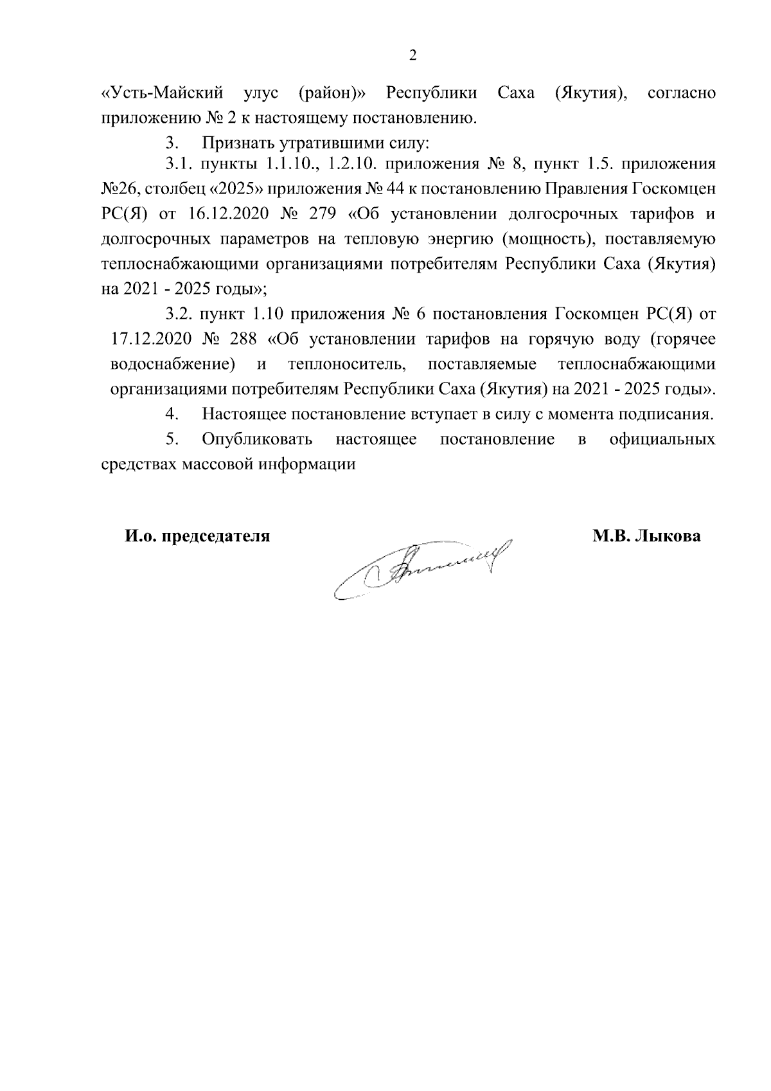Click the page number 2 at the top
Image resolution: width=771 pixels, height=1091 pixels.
[413, 55]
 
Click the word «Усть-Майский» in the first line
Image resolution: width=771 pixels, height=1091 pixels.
[163, 93]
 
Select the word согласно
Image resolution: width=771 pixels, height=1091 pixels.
[682, 93]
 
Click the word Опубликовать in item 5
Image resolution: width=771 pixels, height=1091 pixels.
[257, 439]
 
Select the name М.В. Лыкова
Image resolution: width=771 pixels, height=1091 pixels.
[647, 536]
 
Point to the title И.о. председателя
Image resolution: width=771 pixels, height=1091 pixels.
[197, 536]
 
